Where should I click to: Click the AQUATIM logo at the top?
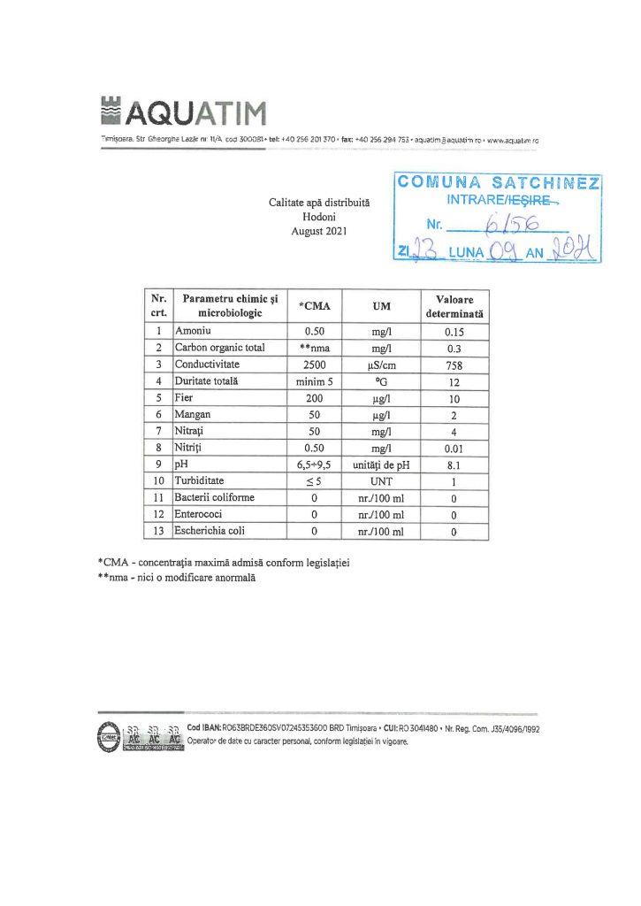(x=184, y=112)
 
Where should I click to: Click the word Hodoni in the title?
(x=319, y=217)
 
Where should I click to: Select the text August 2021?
(x=319, y=231)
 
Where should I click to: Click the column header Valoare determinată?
(x=454, y=306)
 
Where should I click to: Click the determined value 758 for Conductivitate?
(x=454, y=365)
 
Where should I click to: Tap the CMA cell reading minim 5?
(x=316, y=381)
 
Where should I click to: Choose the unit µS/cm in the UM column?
(x=381, y=365)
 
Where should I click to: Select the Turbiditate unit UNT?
(x=381, y=481)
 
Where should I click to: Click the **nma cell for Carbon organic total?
(x=316, y=348)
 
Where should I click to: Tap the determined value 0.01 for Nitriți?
(x=454, y=448)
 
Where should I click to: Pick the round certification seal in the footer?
(x=108, y=735)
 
